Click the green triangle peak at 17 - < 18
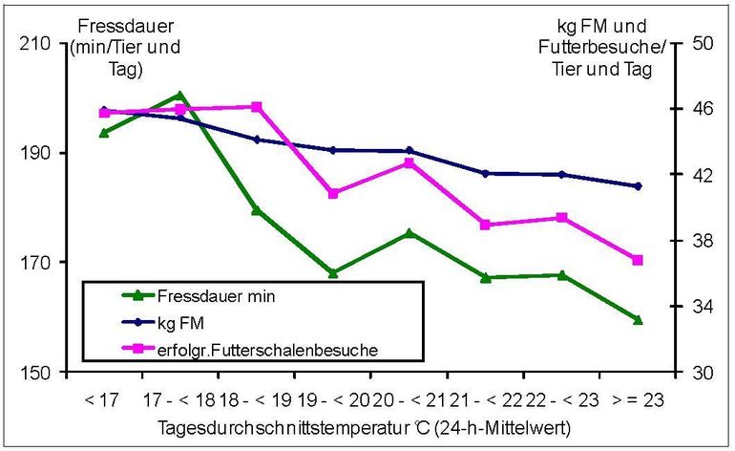179,96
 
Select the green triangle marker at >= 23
638,319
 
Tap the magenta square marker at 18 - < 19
257,107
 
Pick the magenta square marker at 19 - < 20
333,193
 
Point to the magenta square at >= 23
638,260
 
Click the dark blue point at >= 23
638,186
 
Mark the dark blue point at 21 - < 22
485,173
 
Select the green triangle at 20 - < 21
409,232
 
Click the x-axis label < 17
102,397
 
